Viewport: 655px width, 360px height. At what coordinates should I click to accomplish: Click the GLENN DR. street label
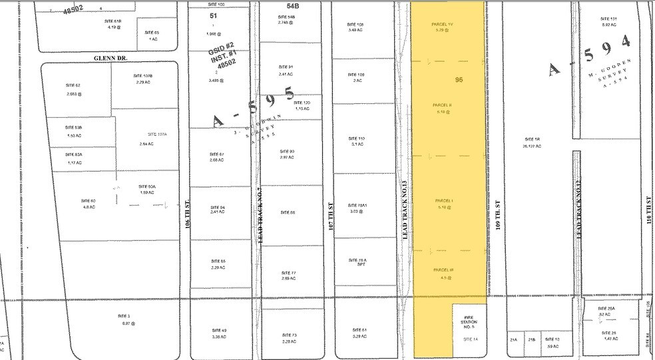pos(109,58)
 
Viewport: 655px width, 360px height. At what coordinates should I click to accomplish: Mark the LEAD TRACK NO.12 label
pos(579,211)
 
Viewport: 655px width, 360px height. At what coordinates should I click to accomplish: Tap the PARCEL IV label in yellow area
pos(442,25)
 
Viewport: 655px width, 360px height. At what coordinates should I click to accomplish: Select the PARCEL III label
pos(443,269)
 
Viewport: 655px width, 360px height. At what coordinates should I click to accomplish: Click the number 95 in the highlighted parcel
pos(459,79)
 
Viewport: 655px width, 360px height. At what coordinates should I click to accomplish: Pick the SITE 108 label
pos(355,25)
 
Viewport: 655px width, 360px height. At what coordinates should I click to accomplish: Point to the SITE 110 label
pos(357,138)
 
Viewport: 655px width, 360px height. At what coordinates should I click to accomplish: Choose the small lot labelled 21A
pos(513,339)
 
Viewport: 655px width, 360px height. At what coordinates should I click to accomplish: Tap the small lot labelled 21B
pos(531,339)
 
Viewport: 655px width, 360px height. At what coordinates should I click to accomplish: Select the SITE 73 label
pos(288,335)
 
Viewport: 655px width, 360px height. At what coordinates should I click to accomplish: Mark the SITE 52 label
pos(73,85)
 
